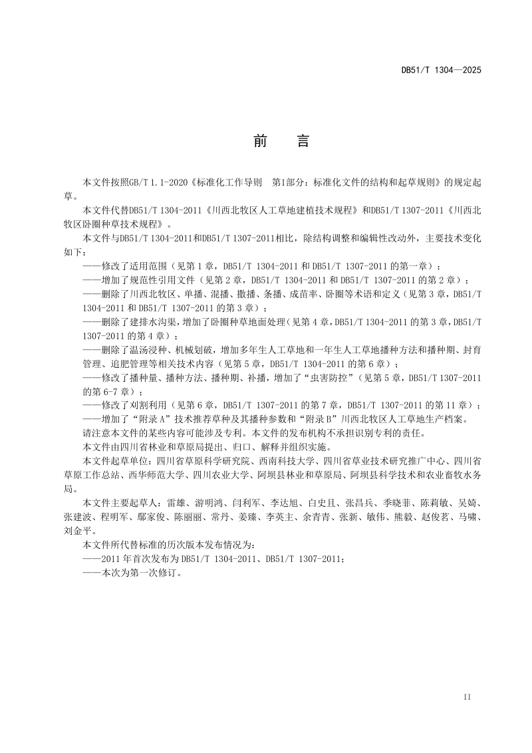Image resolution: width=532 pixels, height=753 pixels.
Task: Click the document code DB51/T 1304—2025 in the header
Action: coord(441,69)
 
